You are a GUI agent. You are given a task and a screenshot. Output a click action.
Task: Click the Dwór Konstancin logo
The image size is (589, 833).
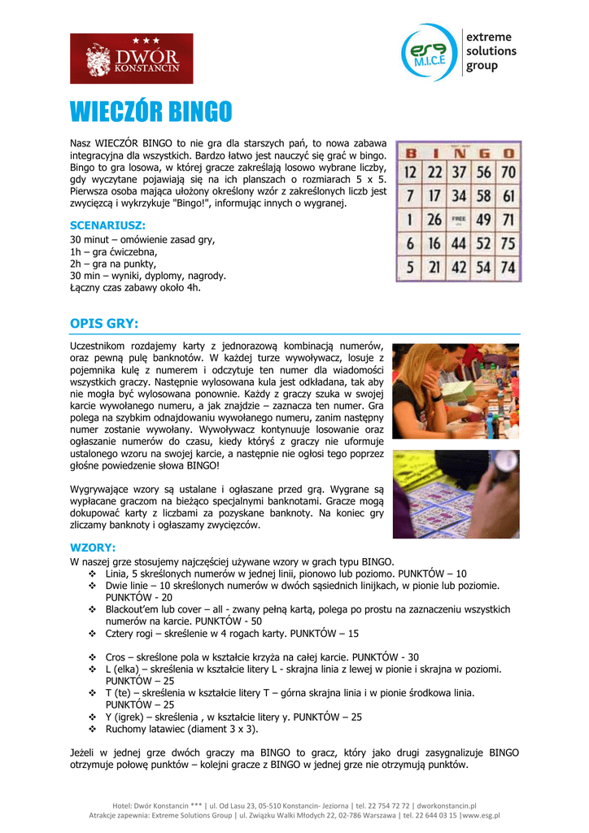coord(132,58)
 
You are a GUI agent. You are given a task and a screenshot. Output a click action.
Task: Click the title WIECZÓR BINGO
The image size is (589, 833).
coord(151,111)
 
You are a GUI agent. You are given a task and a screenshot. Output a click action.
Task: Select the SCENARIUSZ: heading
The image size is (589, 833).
coord(108,225)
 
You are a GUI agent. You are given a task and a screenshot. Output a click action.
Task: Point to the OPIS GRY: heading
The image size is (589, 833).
coord(105,324)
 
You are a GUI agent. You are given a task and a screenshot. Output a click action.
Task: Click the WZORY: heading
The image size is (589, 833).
coord(93,547)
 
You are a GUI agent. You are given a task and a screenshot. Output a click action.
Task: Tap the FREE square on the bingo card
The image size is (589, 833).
coord(460,220)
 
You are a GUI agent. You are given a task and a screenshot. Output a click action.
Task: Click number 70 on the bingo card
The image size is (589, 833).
coord(508,172)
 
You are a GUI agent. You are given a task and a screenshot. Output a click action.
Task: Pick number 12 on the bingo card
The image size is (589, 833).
coord(412,172)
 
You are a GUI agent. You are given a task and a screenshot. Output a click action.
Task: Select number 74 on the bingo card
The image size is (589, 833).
coord(508,266)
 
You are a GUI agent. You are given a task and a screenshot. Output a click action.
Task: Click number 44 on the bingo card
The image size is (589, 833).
coord(460,243)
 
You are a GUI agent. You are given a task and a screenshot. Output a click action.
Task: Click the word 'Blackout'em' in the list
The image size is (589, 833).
coord(133,608)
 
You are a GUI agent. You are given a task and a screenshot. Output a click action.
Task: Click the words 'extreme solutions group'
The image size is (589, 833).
coord(491,51)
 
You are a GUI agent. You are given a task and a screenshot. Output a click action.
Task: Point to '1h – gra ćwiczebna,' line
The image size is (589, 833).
coord(114,252)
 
